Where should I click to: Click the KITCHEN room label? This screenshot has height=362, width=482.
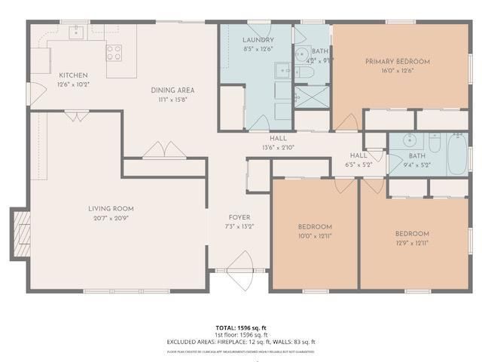tap(73, 75)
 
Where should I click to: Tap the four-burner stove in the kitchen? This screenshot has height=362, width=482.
tap(114, 53)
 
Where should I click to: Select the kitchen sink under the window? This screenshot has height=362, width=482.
tap(78, 32)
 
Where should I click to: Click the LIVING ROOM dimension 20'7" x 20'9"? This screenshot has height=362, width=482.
tap(111, 218)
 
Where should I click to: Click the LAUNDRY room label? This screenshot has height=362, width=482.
tap(258, 40)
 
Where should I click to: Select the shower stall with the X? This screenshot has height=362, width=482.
tap(307, 98)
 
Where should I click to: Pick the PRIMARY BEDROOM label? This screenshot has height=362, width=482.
tap(397, 61)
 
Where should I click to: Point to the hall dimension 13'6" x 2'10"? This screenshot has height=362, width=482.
tap(278, 148)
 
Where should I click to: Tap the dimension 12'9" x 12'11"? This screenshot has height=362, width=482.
tap(412, 243)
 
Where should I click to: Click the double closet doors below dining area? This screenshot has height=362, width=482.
tap(164, 151)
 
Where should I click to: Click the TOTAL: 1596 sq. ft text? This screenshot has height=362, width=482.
tap(240, 327)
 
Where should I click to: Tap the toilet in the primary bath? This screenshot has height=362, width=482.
tap(306, 72)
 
